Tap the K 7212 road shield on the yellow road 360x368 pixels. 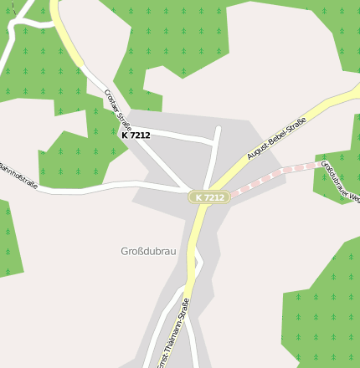[208, 197]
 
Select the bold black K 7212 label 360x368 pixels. [136, 135]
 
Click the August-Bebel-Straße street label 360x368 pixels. [277, 139]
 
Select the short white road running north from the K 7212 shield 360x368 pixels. [213, 159]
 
